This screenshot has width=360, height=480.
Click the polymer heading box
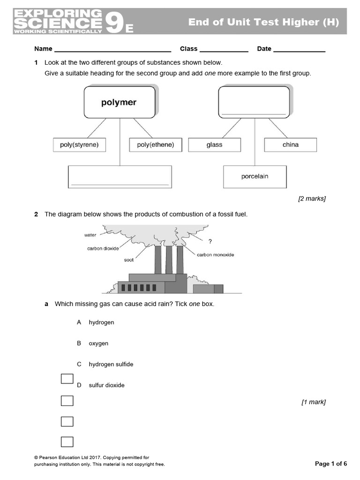click(119, 102)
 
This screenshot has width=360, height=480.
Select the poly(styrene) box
click(79, 145)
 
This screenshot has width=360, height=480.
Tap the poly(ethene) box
click(155, 145)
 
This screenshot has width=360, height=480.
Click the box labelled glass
click(214, 145)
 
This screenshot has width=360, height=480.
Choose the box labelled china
click(290, 145)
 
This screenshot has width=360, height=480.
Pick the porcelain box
click(255, 176)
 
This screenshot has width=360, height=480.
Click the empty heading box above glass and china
click(254, 102)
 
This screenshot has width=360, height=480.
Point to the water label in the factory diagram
click(90, 235)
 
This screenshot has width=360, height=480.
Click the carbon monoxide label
click(215, 255)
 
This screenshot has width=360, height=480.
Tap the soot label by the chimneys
click(129, 259)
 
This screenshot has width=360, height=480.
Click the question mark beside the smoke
click(210, 241)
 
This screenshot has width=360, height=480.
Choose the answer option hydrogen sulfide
click(111, 364)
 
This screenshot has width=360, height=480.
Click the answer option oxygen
click(98, 343)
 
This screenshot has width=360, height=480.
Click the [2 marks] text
click(312, 199)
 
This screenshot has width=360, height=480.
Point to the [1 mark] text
click(313, 402)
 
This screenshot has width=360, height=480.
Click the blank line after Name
click(112, 49)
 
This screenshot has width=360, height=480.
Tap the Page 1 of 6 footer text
click(330, 464)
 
